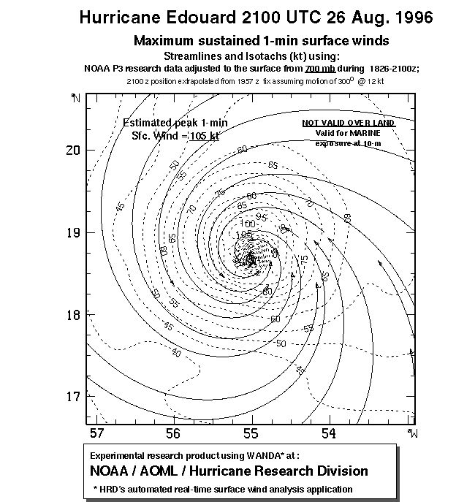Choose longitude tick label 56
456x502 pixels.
tap(173, 434)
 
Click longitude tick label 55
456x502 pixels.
tap(251, 434)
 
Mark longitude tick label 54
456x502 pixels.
tap(330, 434)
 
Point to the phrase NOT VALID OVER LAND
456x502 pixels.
tap(349, 123)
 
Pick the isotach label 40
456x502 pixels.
tap(176, 353)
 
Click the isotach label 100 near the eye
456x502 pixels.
tap(248, 223)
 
